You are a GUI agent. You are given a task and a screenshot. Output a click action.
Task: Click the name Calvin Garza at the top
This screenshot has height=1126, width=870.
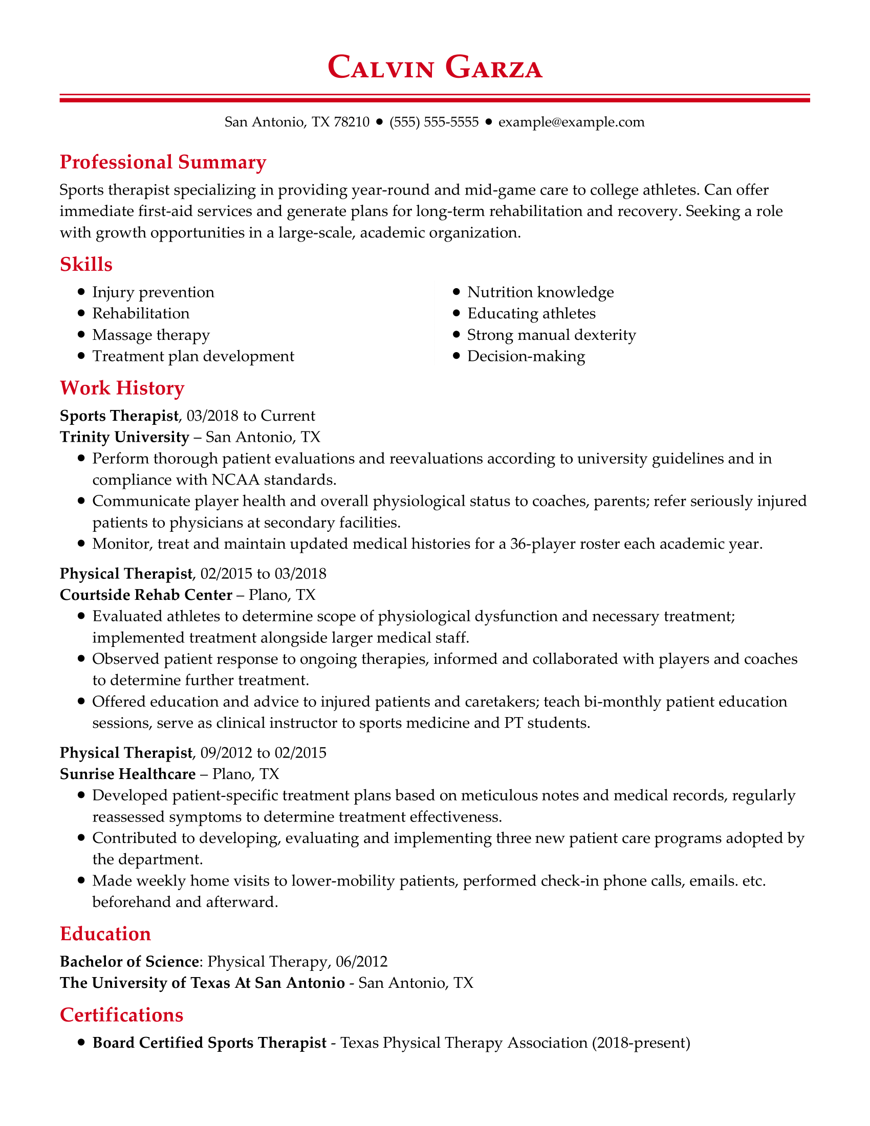pos(434,68)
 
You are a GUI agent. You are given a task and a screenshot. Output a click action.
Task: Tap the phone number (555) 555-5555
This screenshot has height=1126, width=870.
pos(434,122)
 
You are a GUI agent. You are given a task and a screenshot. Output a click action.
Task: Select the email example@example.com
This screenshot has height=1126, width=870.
pos(571,122)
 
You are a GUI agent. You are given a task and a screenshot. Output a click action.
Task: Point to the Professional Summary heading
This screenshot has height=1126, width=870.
pos(163,162)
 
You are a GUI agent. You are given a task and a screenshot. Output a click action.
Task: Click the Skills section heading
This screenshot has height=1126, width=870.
pos(86,264)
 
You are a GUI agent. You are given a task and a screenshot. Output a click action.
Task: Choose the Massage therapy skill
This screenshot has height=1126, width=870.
pos(150,335)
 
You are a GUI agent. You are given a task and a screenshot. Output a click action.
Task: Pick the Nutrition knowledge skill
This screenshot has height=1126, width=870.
pos(540,292)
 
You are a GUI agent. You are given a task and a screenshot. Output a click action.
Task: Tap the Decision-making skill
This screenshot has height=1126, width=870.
pos(526,356)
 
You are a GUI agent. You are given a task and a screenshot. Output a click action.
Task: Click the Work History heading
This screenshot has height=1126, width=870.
pos(122,388)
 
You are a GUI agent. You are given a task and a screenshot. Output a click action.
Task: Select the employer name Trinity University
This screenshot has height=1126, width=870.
pos(125,437)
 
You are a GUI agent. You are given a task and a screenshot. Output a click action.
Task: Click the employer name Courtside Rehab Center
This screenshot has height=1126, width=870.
pos(146,595)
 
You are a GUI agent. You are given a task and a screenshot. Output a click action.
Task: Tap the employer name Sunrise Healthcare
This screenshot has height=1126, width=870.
pos(128,774)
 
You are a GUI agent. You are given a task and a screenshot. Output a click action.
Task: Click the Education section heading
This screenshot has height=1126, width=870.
pos(105,934)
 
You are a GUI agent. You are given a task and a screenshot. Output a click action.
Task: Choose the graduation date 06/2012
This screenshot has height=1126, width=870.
pos(361,962)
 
